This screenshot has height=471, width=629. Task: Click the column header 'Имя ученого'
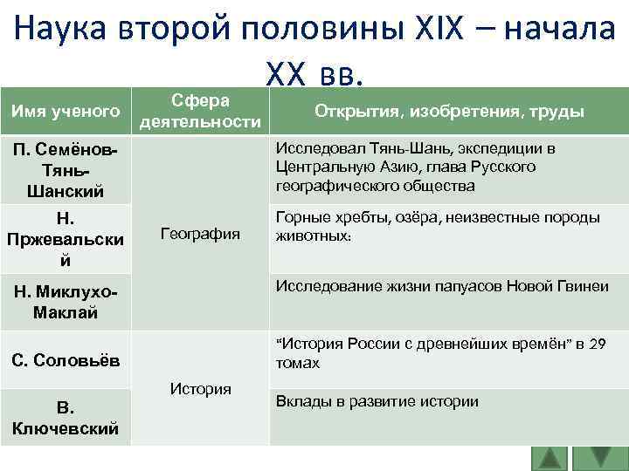click(x=66, y=112)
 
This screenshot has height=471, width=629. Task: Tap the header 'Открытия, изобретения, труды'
click(x=449, y=112)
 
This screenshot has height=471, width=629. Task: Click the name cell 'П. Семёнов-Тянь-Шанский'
click(x=66, y=170)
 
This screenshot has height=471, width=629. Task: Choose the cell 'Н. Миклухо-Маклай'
click(x=66, y=301)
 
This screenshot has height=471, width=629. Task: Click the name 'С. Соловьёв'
click(x=66, y=359)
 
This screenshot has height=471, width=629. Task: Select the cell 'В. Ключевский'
click(x=66, y=417)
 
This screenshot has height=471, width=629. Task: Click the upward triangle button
click(x=550, y=458)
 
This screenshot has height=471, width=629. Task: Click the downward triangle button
click(x=599, y=458)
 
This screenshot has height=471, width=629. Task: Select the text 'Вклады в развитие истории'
click(x=377, y=401)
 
